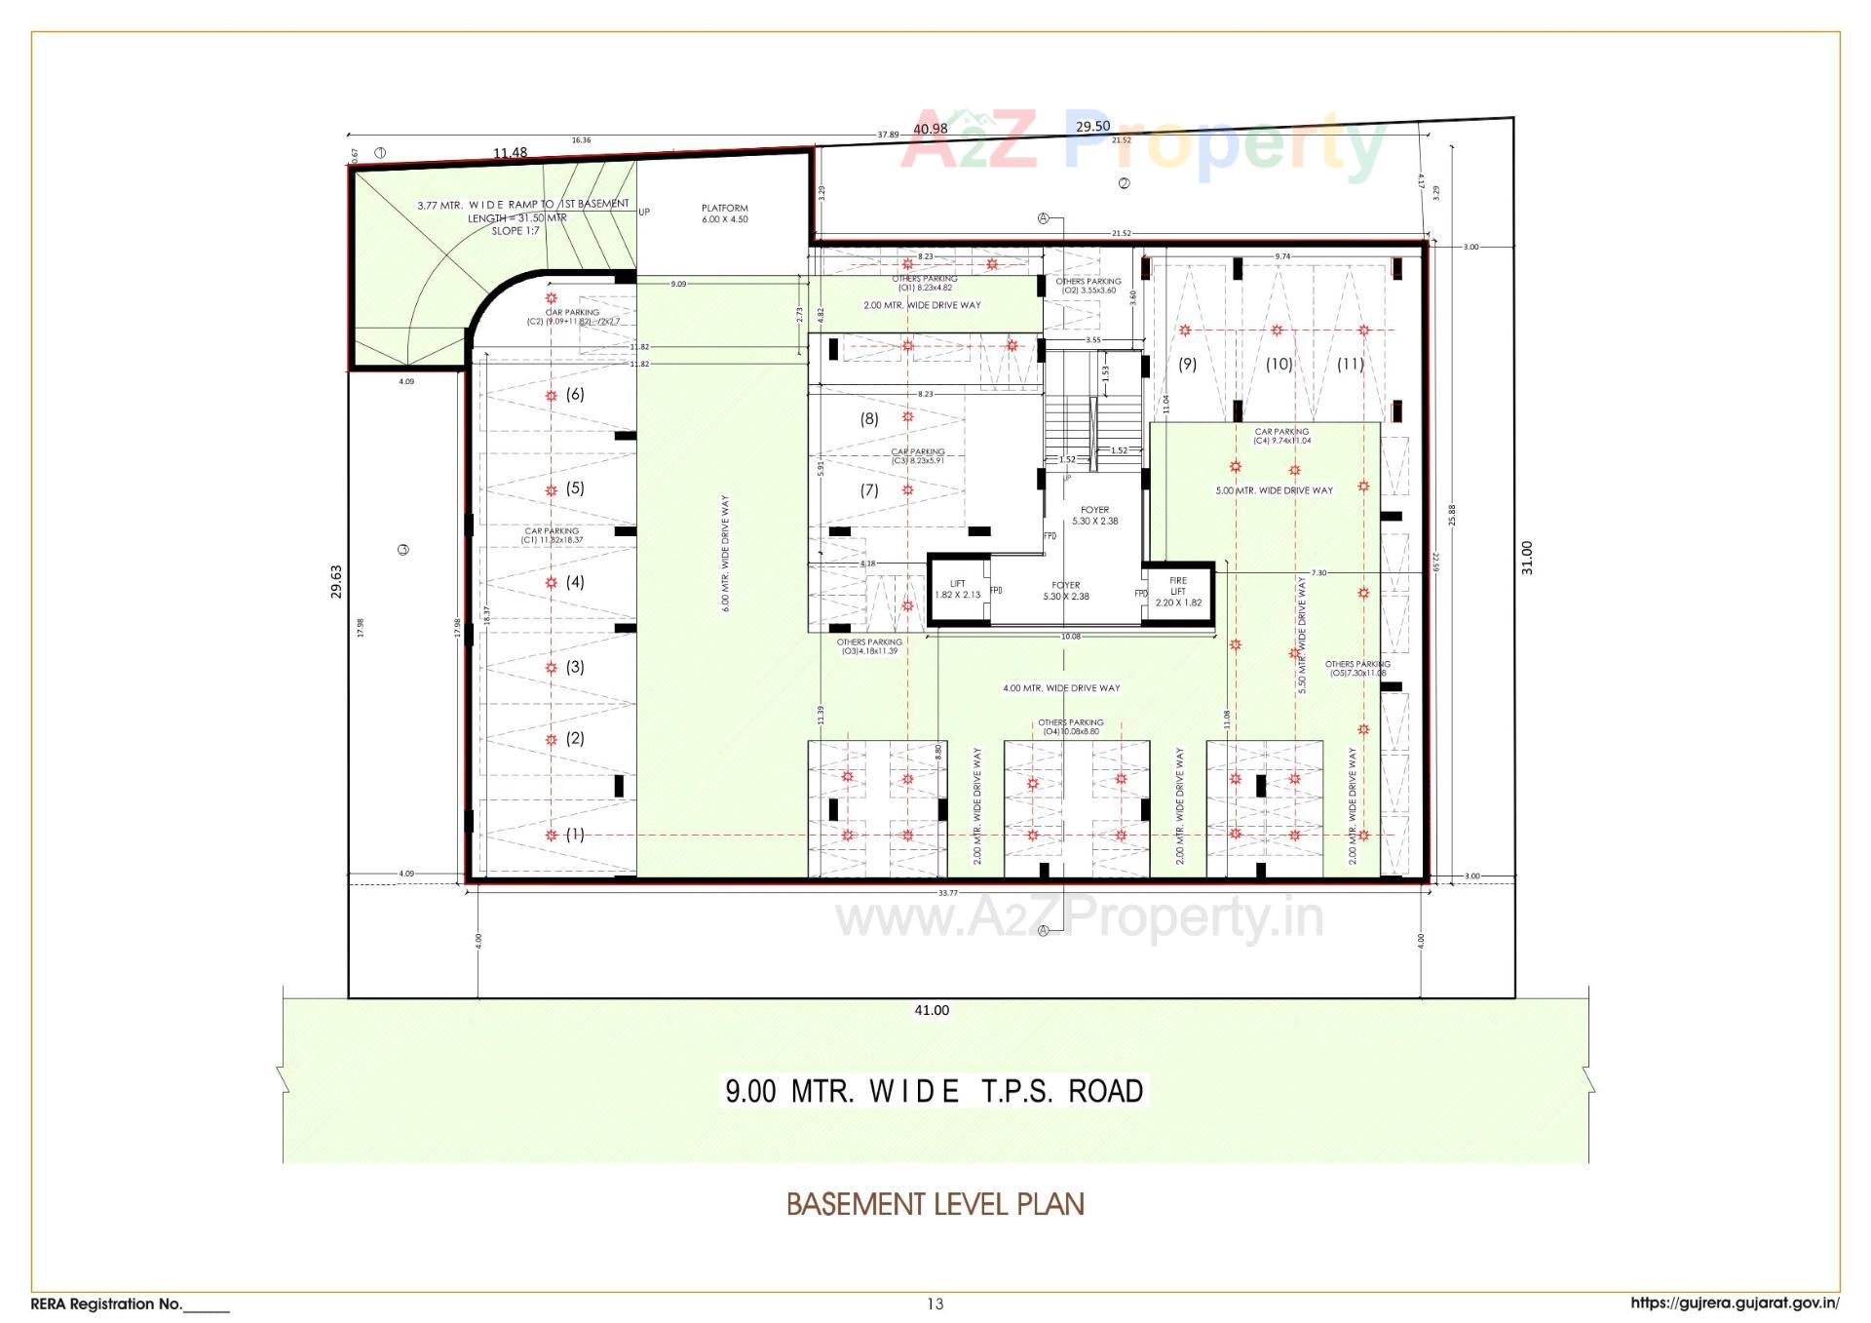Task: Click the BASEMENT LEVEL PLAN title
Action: [935, 1204]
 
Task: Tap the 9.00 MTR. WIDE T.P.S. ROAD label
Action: [934, 1090]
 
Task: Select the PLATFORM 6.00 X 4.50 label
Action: [725, 214]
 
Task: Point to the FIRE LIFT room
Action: [1178, 592]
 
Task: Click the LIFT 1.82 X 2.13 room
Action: [958, 589]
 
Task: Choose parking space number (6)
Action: [575, 394]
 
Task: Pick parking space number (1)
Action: [575, 834]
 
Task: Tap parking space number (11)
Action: [1350, 364]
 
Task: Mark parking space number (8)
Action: [868, 418]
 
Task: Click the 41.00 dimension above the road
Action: [932, 1010]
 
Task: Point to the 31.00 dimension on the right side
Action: [1527, 558]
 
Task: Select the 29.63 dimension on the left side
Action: [337, 581]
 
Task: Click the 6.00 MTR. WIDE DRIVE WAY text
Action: [726, 553]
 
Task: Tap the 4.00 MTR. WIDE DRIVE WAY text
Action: [1061, 688]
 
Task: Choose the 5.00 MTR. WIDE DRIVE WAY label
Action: [1274, 490]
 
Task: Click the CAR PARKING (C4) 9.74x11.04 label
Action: [1281, 436]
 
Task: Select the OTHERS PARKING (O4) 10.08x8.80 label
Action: [1070, 727]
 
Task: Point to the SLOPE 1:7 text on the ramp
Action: [515, 231]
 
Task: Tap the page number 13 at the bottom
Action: [935, 1304]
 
